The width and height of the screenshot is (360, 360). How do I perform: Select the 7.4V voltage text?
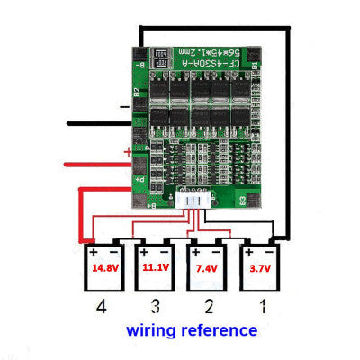click(205, 267)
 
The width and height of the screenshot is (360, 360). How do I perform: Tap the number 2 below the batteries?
click(207, 307)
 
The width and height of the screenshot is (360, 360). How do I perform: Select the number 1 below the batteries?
click(261, 307)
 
